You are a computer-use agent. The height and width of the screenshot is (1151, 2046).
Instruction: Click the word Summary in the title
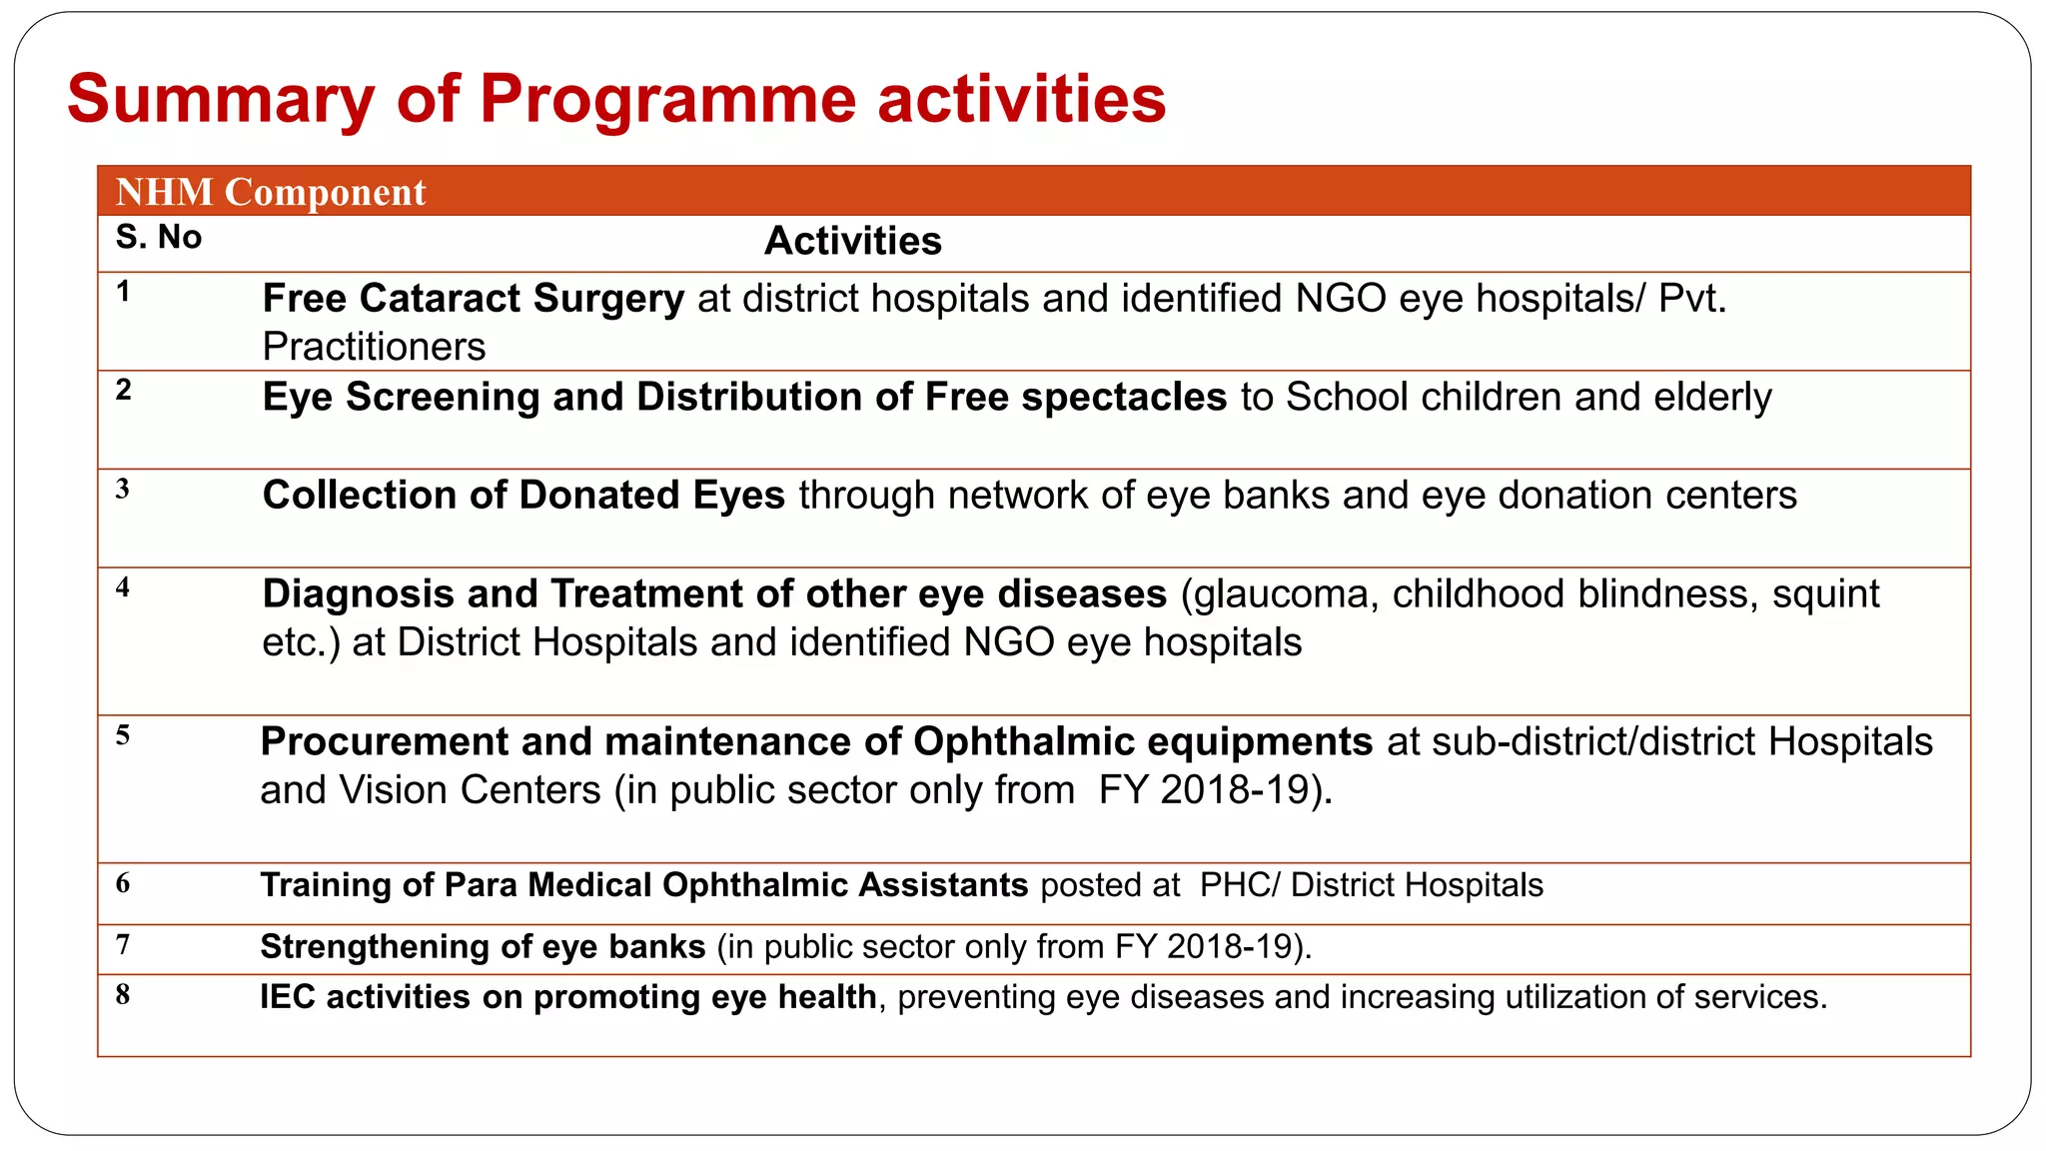pyautogui.click(x=221, y=100)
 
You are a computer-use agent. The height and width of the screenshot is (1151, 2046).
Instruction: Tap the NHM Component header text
pyautogui.click(x=271, y=192)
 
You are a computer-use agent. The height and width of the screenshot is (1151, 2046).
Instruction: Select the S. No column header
pyautogui.click(x=159, y=238)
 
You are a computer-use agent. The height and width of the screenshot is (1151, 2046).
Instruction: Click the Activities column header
pyautogui.click(x=852, y=241)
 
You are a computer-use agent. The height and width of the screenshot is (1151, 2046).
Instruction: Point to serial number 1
pyautogui.click(x=123, y=292)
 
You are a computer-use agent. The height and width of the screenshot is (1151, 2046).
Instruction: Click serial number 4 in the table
pyautogui.click(x=123, y=587)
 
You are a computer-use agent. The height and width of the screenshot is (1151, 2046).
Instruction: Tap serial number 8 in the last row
pyautogui.click(x=123, y=995)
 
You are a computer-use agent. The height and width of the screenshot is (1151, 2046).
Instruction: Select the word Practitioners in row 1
pyautogui.click(x=374, y=347)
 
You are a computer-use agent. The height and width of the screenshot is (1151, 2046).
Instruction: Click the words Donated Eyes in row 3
pyautogui.click(x=651, y=495)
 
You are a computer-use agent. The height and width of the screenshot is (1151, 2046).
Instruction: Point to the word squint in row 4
pyautogui.click(x=1825, y=593)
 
